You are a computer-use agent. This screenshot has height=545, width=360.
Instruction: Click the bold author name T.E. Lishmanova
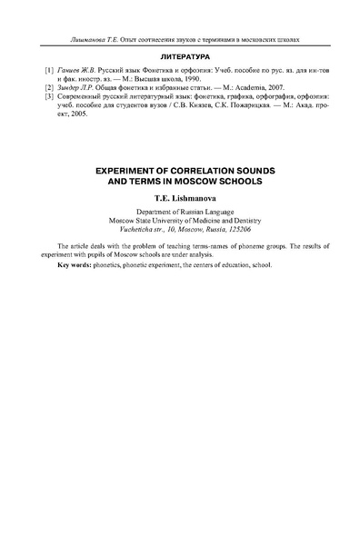tap(179, 195)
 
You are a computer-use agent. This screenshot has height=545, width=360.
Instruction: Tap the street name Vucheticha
tap(138, 230)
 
